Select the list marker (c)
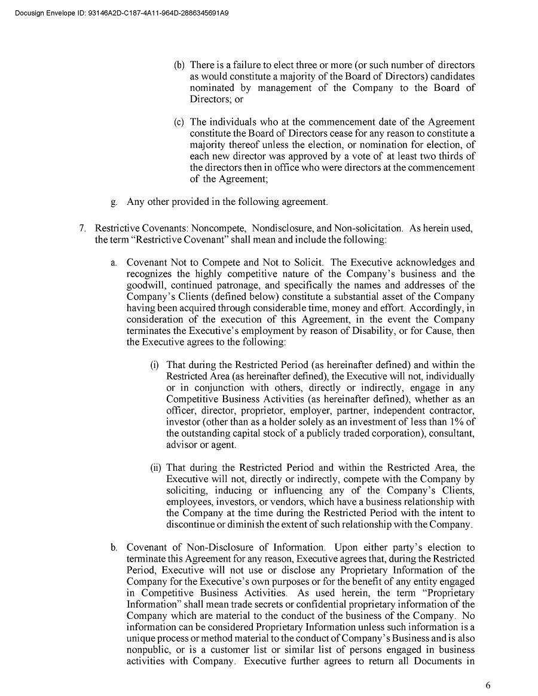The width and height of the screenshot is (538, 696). pyautogui.click(x=179, y=122)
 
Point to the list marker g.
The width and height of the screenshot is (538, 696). pyautogui.click(x=114, y=202)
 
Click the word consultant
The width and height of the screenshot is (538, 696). pyautogui.click(x=451, y=434)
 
